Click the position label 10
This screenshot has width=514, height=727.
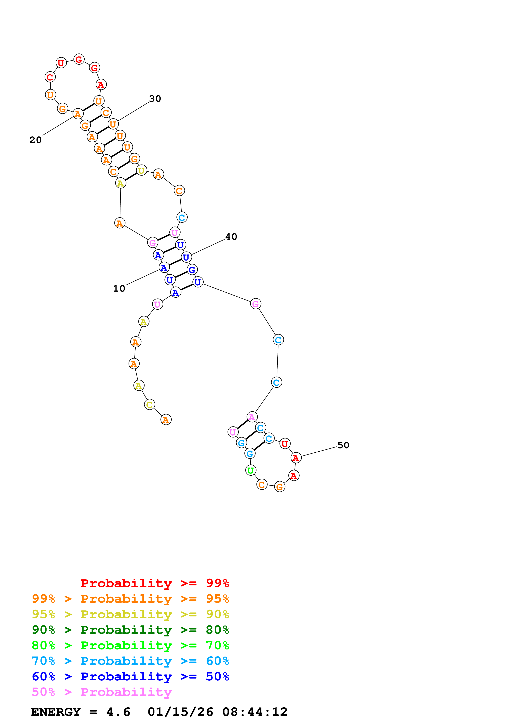pyautogui.click(x=119, y=288)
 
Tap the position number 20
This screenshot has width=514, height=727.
pyautogui.click(x=35, y=140)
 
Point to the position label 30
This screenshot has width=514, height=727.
pyautogui.click(x=155, y=99)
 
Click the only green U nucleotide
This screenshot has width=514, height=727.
pyautogui.click(x=250, y=470)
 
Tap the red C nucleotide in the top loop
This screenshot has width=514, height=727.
pyautogui.click(x=50, y=77)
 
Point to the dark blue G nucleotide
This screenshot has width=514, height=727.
pyautogui.click(x=192, y=270)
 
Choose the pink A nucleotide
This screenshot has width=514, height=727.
pyautogui.click(x=252, y=417)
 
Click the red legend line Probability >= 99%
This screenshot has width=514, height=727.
pyautogui.click(x=154, y=583)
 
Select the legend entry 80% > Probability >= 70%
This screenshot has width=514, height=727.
pyautogui.click(x=130, y=645)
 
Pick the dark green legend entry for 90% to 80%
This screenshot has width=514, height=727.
pyautogui.click(x=130, y=630)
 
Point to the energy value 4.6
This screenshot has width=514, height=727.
pyautogui.click(x=118, y=712)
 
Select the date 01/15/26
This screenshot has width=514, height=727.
pyautogui.click(x=180, y=712)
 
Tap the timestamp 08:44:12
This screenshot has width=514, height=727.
pyautogui.click(x=255, y=712)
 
